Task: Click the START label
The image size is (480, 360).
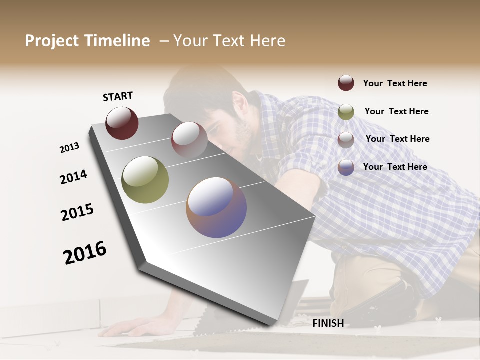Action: (118, 96)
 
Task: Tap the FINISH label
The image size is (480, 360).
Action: (328, 323)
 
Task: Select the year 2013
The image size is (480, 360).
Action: (69, 148)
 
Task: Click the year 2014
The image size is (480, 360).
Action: (73, 177)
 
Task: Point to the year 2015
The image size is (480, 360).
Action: (77, 212)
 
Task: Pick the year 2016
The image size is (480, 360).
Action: (85, 252)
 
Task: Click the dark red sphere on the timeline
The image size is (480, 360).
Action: (122, 123)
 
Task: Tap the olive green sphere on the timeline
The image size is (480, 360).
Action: (145, 180)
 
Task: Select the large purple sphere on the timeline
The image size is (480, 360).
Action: (216, 207)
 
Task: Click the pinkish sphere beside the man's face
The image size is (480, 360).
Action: (189, 139)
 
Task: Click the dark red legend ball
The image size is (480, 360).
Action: (346, 83)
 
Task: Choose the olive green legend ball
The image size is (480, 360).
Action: (346, 112)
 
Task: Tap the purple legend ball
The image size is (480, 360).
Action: (346, 167)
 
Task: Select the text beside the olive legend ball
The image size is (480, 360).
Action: (396, 111)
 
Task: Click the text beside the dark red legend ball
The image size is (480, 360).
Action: (395, 83)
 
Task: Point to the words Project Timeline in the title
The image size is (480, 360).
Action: (87, 41)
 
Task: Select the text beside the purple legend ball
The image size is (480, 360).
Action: (395, 167)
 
